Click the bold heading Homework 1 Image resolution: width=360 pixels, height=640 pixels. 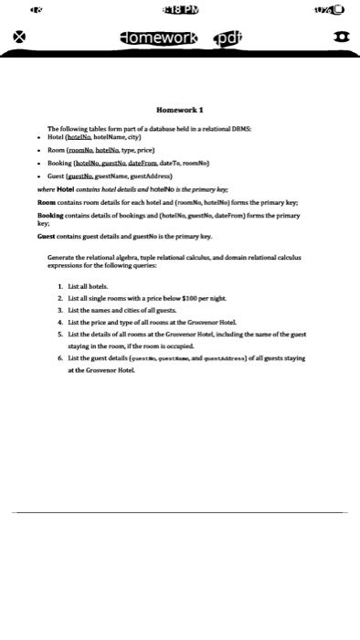[180, 110]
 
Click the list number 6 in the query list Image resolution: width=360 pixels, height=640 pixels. [59, 360]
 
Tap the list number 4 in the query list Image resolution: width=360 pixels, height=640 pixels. [59, 323]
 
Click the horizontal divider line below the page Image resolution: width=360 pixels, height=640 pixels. [180, 513]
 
